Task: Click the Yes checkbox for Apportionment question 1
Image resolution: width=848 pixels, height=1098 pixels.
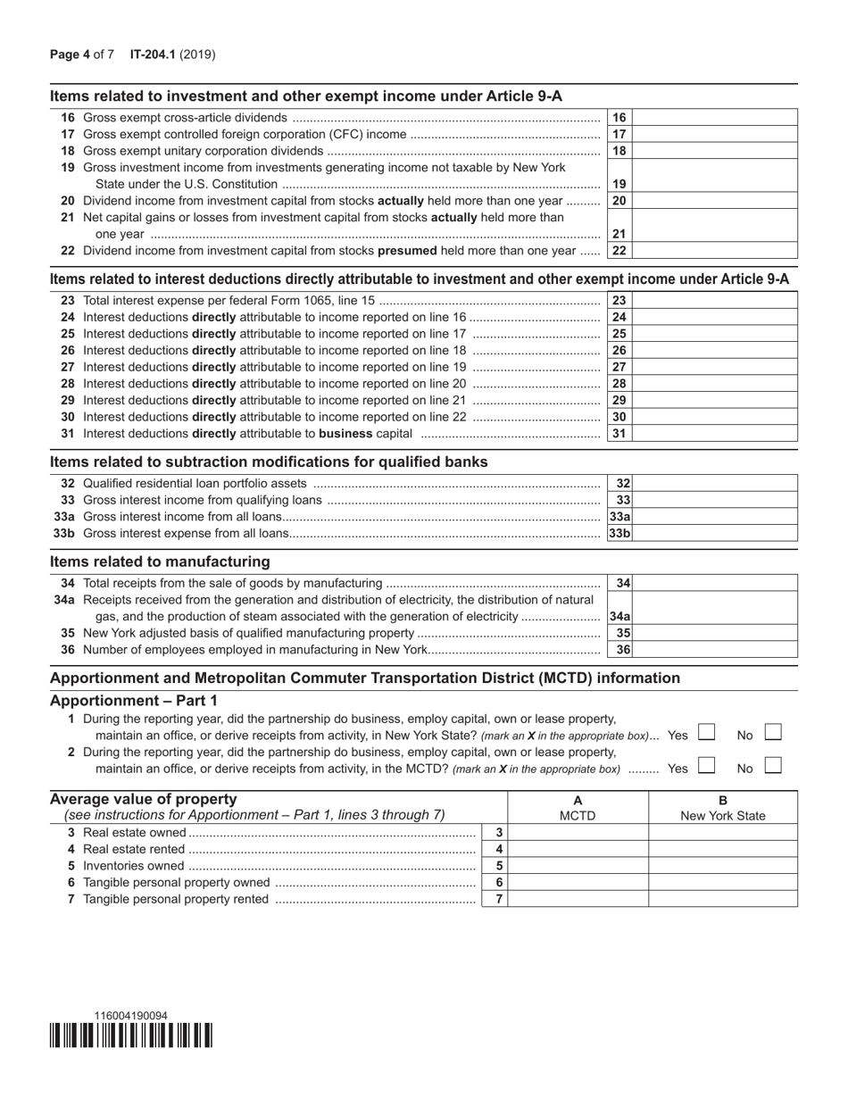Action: click(x=706, y=733)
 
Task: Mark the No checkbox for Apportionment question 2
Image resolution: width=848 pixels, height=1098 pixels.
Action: click(x=774, y=765)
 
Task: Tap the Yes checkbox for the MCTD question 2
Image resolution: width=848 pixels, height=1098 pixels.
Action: click(x=706, y=765)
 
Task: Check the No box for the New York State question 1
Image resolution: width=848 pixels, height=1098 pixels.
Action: click(x=774, y=733)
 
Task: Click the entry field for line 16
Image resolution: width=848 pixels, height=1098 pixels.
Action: click(x=715, y=118)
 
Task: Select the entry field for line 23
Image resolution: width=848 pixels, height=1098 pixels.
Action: click(x=715, y=301)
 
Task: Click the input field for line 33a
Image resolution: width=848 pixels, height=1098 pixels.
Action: click(x=715, y=517)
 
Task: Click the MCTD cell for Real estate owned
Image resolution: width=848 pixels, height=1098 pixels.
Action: click(x=578, y=832)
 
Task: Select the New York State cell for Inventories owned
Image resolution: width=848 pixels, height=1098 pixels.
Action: click(x=723, y=866)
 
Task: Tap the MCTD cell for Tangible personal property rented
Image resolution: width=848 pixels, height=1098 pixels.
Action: click(x=578, y=899)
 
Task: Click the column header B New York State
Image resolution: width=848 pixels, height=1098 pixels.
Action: click(x=723, y=808)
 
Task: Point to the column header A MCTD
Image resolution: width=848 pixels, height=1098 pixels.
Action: click(x=578, y=808)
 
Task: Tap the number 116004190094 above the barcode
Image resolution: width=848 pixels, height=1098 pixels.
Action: click(x=130, y=1016)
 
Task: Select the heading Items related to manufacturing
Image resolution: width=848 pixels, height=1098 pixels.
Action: click(x=160, y=561)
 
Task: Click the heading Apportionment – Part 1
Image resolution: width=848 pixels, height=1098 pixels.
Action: click(x=133, y=701)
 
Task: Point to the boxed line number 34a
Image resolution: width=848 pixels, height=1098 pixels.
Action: click(x=619, y=617)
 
